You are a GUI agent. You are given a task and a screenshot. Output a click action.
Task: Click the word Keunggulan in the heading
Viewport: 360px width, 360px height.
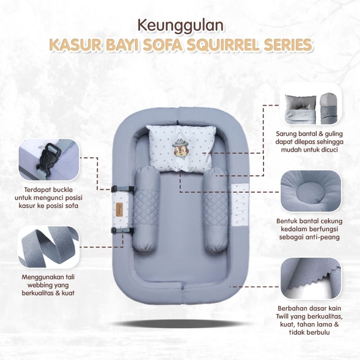click(181, 25)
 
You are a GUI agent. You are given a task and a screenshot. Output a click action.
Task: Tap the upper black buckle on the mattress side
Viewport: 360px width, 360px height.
click(123, 189)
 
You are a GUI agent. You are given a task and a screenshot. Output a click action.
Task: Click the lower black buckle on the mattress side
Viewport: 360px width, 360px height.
click(123, 231)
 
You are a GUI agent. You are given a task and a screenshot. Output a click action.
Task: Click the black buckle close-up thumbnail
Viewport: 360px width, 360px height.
click(49, 160)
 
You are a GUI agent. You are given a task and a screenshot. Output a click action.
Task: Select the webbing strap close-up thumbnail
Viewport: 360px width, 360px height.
click(49, 247)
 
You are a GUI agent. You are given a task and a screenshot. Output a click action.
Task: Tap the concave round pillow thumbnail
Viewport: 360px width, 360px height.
click(311, 191)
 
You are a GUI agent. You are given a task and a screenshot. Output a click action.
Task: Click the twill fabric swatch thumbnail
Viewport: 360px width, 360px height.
click(311, 278)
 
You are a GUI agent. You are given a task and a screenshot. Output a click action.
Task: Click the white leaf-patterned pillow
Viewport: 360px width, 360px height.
click(182, 148)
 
